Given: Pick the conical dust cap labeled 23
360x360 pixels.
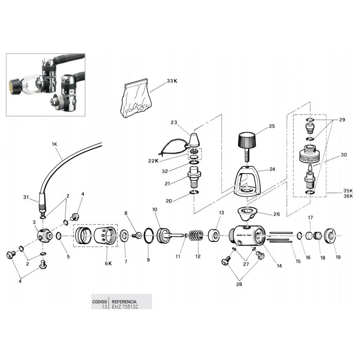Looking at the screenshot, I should (195, 139).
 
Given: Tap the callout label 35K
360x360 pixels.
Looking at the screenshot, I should (348, 190).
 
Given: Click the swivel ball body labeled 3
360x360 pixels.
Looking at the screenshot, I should (44, 236).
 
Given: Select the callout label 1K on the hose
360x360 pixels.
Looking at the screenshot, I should (54, 144).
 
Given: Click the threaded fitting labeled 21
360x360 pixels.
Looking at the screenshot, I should (195, 178).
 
